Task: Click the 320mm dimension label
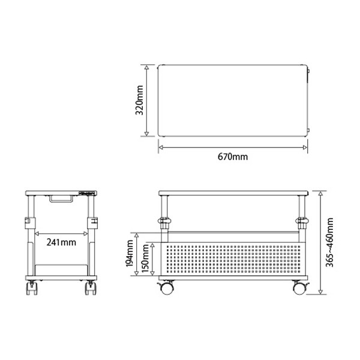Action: coord(139,100)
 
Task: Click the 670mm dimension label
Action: coord(233,157)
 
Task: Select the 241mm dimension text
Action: coord(61,242)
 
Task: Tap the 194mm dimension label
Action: coord(130,253)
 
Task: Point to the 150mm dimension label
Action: coord(145,258)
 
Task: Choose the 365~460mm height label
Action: coord(329,242)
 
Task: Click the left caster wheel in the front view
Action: coord(166,287)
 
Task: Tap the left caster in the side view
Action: coord(32,288)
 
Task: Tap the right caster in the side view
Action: coord(91,288)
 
